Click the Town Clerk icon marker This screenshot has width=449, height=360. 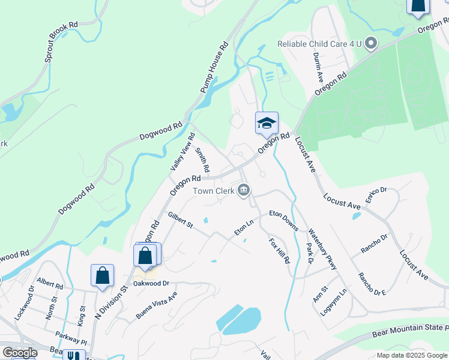click(244, 191)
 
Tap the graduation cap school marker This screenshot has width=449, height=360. click(267, 124)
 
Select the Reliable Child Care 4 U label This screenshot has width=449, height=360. click(320, 43)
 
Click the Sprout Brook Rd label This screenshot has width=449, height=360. click(61, 43)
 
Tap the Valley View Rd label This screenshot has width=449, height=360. click(182, 151)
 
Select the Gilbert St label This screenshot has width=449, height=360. click(180, 220)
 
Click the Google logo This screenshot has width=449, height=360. click(19, 353)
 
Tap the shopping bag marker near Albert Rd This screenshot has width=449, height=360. click(102, 275)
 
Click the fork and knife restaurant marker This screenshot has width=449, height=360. click(74, 355)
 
